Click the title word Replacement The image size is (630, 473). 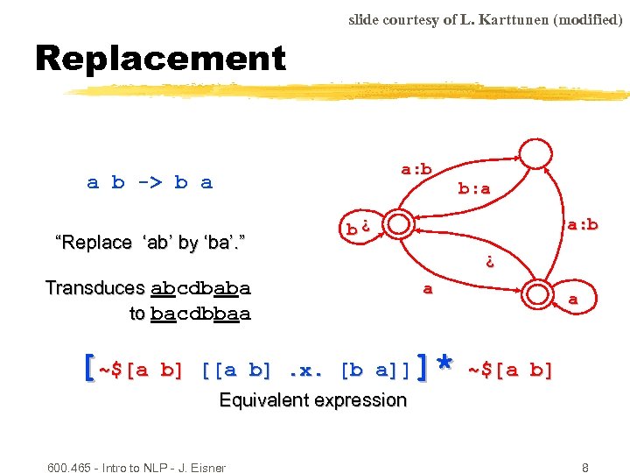click(x=160, y=59)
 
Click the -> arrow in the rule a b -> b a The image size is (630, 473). click(x=150, y=182)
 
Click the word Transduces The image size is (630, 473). click(x=94, y=288)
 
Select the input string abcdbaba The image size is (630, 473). click(x=200, y=288)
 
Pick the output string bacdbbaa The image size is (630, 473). click(x=200, y=313)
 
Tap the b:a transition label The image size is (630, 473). click(x=474, y=187)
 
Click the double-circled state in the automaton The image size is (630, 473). click(x=401, y=222)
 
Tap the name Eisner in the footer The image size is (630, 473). click(x=207, y=468)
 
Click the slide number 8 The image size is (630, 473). click(x=585, y=468)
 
